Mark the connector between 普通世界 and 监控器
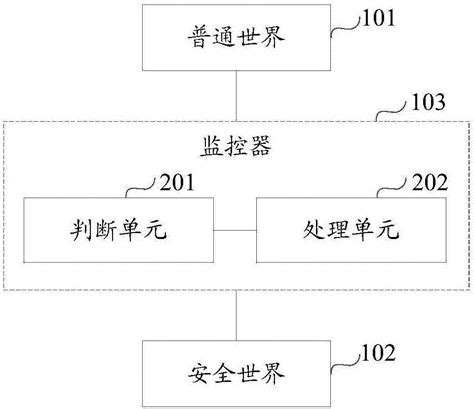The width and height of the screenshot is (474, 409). click(236, 98)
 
